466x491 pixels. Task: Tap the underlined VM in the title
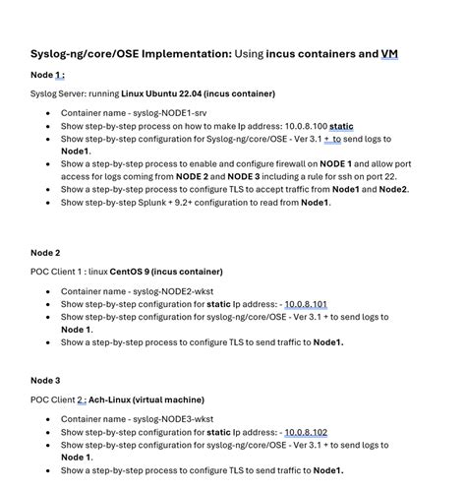pos(389,53)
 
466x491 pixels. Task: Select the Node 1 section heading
pos(47,75)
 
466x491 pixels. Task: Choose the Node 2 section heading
pos(45,253)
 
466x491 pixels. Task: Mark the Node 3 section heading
pos(45,380)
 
